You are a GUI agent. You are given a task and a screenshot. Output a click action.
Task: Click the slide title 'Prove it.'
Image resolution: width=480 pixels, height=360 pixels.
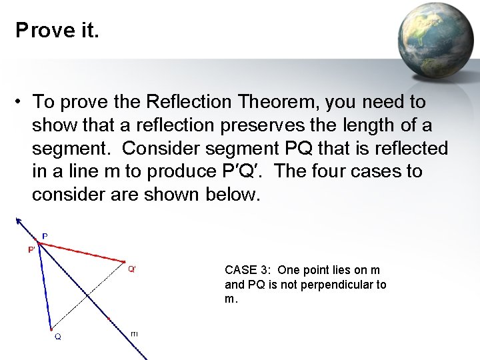pos(57,31)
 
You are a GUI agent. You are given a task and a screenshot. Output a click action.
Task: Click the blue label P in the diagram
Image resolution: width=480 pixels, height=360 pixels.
pos(45,236)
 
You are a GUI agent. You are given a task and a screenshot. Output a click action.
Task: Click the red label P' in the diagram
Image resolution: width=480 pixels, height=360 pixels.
pos(31,249)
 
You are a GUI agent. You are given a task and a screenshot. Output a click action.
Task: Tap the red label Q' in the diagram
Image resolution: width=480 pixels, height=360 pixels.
pos(132,269)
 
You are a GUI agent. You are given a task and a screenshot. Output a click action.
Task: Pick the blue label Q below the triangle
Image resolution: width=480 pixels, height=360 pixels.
pos(58,337)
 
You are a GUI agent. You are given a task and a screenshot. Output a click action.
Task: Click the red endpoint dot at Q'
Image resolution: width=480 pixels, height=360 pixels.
pos(125,261)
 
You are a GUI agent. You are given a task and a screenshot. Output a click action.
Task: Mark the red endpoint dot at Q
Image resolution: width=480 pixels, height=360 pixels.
pos(51,328)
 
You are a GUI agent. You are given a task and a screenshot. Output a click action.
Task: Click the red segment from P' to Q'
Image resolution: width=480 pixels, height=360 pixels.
pos(80,252)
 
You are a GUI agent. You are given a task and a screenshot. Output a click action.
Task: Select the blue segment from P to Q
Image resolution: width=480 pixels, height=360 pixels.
pos(44,287)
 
